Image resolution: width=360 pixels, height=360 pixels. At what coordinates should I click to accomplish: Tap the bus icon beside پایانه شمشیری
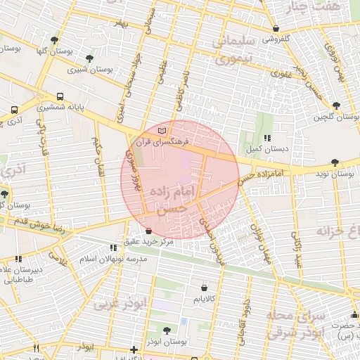[60, 97]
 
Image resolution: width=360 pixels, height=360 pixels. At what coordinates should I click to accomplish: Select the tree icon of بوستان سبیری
[89, 59]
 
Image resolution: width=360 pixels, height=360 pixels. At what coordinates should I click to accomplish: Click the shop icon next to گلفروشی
[275, 29]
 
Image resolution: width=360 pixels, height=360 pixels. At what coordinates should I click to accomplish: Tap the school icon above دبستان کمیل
[266, 139]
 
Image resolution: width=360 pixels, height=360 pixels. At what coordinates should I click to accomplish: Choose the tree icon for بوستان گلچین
[337, 105]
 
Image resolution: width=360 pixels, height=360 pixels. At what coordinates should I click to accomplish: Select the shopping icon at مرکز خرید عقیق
[148, 231]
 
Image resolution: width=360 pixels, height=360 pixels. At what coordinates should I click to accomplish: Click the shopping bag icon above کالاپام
[204, 288]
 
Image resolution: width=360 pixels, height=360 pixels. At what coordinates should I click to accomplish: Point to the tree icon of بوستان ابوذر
[167, 330]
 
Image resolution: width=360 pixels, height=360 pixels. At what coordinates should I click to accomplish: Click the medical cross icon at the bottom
[134, 349]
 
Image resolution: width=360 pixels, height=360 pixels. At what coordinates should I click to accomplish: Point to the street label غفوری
[279, 72]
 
